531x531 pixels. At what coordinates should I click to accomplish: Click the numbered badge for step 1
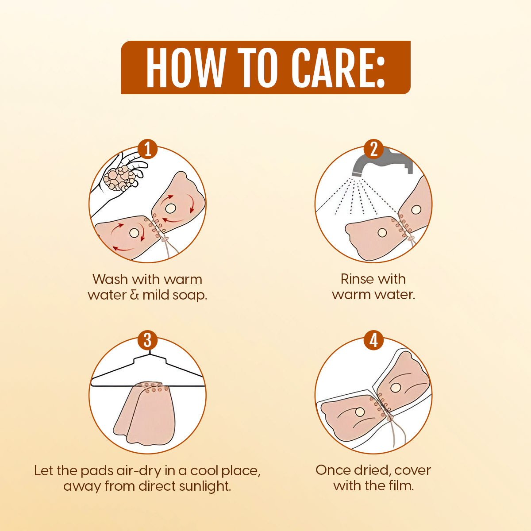148,149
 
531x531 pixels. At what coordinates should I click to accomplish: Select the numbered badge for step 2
373,149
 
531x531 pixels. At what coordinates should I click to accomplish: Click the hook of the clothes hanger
149,354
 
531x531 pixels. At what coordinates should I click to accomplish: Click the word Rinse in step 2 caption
354,279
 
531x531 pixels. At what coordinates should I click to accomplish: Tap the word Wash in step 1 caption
110,279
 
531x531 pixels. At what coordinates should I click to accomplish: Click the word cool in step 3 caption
204,471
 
